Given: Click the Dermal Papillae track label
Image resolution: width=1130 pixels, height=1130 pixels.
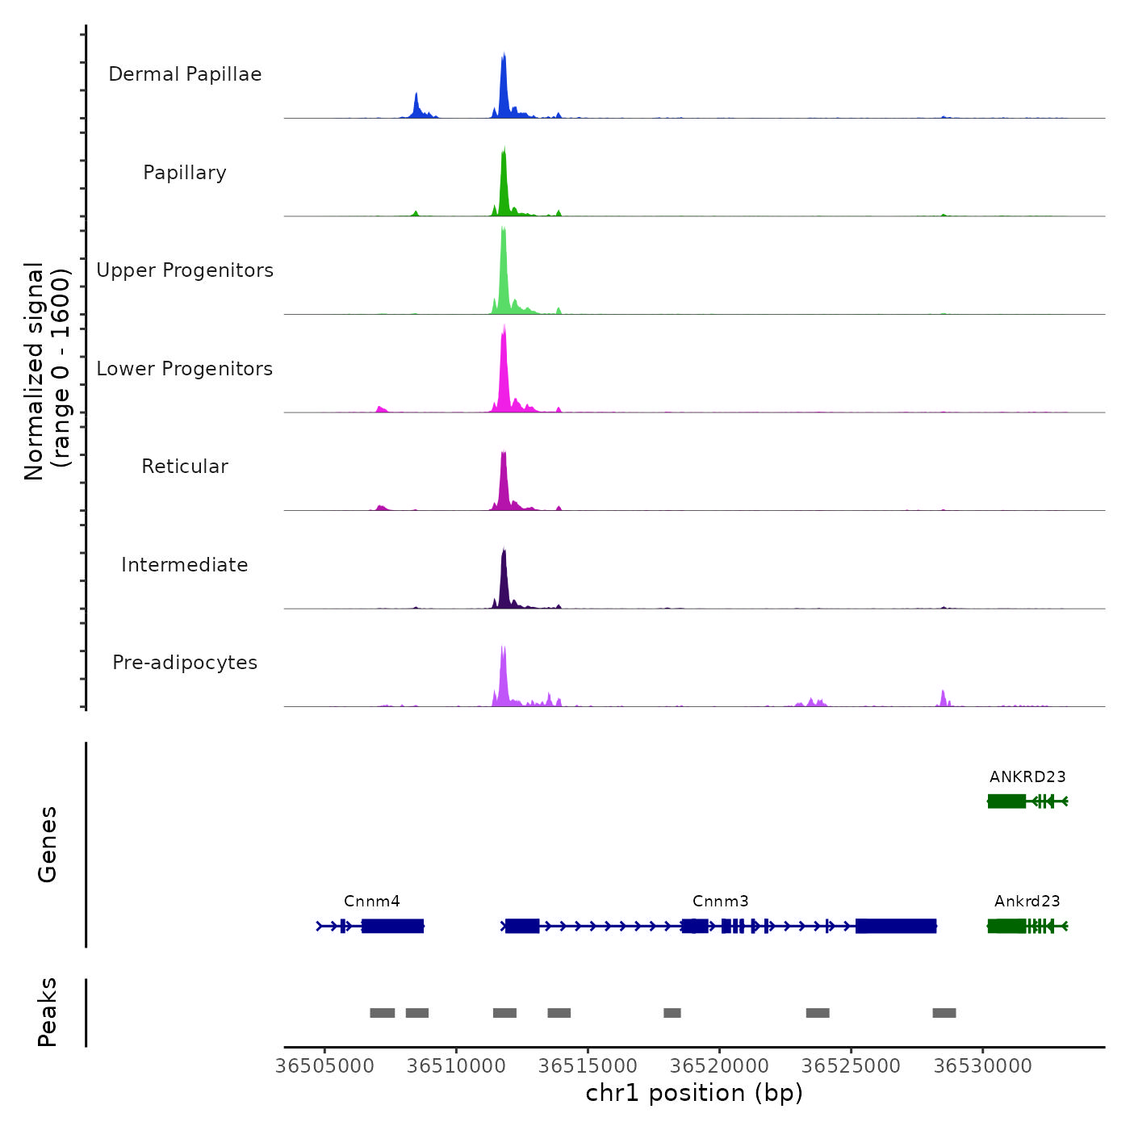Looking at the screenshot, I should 185,74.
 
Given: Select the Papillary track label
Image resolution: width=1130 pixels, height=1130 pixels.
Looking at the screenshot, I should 185,173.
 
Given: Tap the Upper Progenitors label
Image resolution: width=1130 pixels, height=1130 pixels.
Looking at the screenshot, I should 185,270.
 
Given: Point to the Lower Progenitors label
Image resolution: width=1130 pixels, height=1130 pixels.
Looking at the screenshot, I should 185,369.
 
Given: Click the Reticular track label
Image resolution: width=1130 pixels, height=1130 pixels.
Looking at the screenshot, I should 185,467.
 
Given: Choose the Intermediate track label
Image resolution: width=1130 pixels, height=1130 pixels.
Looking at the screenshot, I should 185,565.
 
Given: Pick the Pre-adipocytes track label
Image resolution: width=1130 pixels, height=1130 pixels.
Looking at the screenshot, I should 185,663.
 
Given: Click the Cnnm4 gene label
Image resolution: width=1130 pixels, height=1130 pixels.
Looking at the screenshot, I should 372,901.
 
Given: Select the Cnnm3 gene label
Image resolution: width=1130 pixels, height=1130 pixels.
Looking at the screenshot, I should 721,901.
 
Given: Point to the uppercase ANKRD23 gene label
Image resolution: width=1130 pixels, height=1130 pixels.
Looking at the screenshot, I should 1027,776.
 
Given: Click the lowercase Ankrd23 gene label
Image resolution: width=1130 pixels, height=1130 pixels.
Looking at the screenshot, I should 1027,901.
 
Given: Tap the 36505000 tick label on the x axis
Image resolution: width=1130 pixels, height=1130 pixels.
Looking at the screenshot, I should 324,1066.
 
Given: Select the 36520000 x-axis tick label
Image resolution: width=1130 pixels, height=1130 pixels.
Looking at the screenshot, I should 720,1066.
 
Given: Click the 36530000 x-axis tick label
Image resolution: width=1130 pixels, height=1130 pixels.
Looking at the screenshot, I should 983,1066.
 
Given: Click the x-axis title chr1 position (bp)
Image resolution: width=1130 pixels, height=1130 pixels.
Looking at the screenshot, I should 694,1093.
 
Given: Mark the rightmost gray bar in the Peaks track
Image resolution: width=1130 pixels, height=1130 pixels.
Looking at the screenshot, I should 944,1013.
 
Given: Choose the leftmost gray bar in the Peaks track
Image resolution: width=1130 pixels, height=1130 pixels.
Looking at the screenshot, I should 383,1013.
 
